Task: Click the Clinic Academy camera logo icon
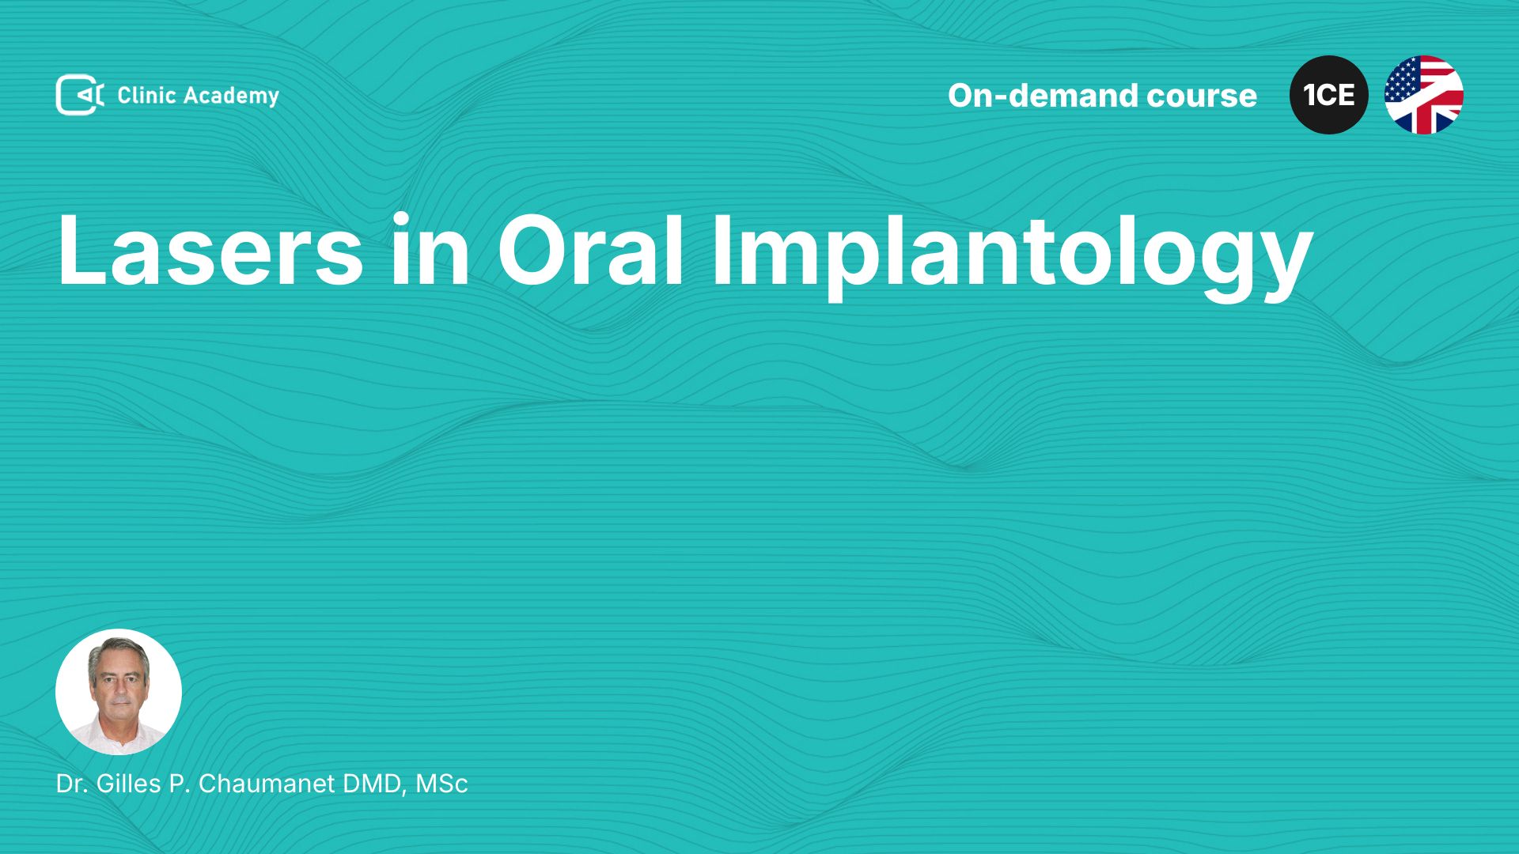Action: click(79, 95)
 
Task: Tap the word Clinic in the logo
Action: click(146, 95)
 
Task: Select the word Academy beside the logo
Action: click(232, 96)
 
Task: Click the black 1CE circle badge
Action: click(1329, 95)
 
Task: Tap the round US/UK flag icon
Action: click(1424, 95)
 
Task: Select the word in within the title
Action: click(431, 249)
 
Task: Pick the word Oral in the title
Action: click(590, 249)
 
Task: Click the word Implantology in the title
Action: click(1012, 256)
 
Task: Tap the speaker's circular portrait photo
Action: click(119, 692)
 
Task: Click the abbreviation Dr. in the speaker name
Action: click(71, 784)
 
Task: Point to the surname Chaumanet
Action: click(267, 784)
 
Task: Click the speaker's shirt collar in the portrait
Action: click(119, 726)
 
